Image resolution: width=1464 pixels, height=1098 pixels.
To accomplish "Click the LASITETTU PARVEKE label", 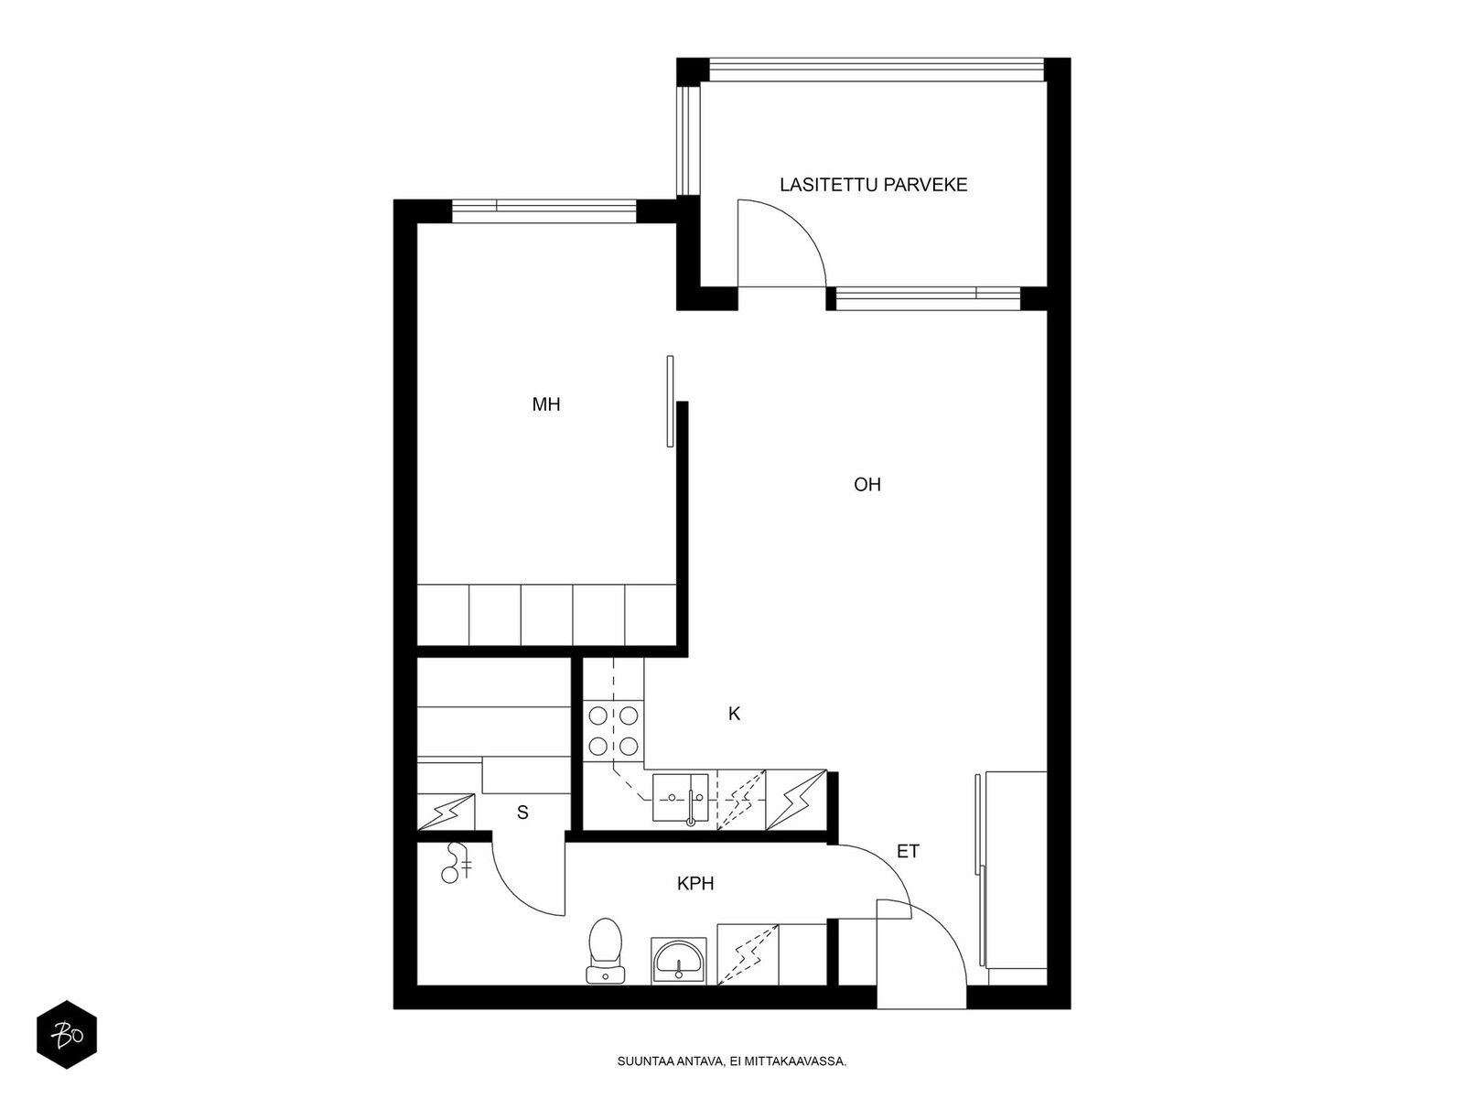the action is pos(873,185).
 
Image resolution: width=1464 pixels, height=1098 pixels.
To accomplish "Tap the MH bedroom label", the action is pos(545,404).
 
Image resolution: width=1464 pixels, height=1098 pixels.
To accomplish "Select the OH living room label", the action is pos(867,485).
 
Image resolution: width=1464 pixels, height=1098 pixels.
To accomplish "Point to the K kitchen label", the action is pos(734,714).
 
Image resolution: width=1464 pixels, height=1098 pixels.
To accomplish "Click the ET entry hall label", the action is pos(908,851).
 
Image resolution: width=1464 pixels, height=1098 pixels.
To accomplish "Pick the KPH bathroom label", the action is pos(695,884).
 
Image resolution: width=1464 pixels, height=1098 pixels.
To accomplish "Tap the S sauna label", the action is pos(522,813).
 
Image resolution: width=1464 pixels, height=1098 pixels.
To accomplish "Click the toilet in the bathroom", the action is pos(605,952).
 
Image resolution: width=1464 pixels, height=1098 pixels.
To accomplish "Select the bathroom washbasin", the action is pos(678,960).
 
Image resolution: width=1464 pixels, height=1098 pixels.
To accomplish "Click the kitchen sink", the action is pos(681,798).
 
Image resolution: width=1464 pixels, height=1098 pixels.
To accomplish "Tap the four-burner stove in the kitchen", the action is pos(613,731).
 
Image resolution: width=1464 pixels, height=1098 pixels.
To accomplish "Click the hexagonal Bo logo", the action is pos(67,1035).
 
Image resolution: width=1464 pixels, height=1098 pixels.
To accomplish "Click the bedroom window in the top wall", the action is pos(544,210).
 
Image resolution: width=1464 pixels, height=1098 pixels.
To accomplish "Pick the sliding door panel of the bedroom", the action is pos(671,402).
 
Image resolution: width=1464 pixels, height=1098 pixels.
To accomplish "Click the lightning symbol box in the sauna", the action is pos(446,812).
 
